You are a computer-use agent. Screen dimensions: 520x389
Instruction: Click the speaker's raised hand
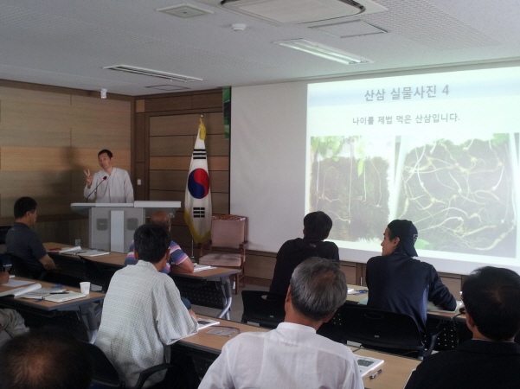88,177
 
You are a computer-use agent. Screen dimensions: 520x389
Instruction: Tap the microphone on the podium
96,188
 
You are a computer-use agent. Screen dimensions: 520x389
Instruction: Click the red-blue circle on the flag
198,183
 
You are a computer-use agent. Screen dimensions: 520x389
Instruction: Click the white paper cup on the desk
85,288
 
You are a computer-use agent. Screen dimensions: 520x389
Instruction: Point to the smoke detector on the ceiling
239,27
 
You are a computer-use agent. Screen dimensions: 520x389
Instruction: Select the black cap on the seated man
404,235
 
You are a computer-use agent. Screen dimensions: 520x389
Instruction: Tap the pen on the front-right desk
376,373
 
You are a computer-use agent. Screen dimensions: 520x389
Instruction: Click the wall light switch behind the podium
139,182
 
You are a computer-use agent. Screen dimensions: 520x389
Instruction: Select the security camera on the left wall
104,93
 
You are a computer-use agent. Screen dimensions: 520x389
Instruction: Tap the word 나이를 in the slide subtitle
363,120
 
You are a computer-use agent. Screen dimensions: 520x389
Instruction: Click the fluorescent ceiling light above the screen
324,51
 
